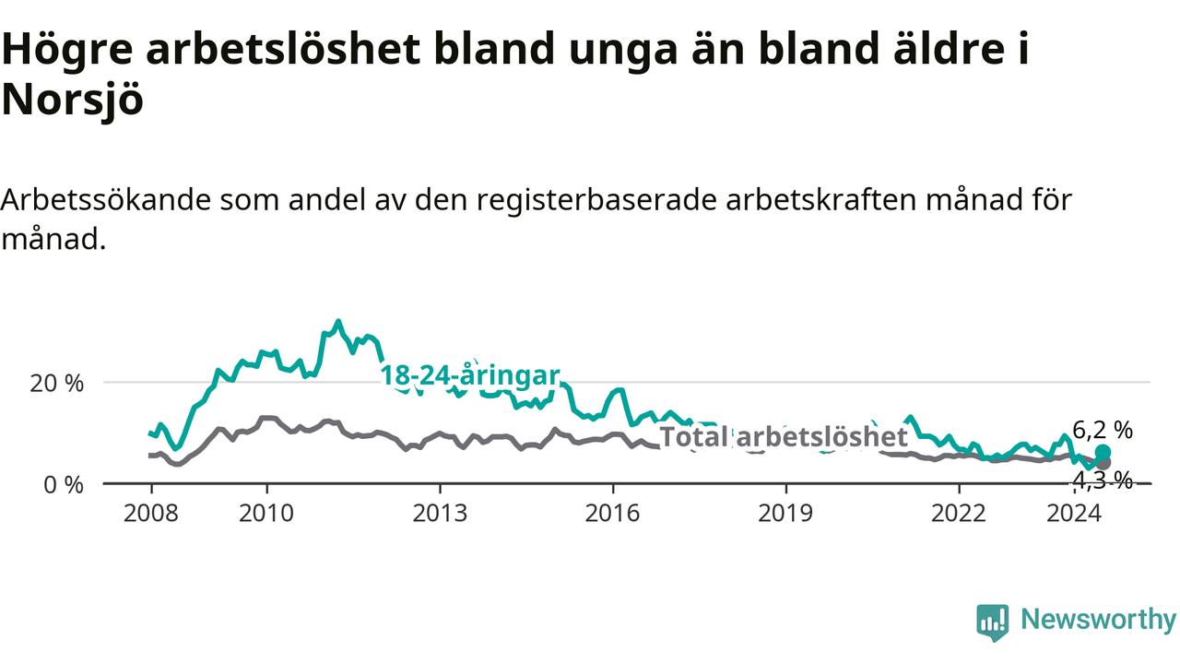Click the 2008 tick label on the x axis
pyautogui.click(x=151, y=514)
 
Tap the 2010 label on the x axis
pyautogui.click(x=266, y=514)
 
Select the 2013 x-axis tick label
pyautogui.click(x=440, y=514)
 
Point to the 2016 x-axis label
pyautogui.click(x=613, y=514)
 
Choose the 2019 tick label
pyautogui.click(x=785, y=514)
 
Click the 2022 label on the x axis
pyautogui.click(x=959, y=514)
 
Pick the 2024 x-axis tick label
pyautogui.click(x=1074, y=514)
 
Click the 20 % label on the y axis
pyautogui.click(x=57, y=384)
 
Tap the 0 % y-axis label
pyautogui.click(x=64, y=485)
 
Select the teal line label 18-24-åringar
pyautogui.click(x=470, y=375)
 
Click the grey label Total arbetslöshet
pyautogui.click(x=784, y=436)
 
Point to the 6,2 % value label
pyautogui.click(x=1103, y=431)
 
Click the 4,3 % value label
pyautogui.click(x=1103, y=480)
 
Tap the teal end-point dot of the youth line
pyautogui.click(x=1103, y=452)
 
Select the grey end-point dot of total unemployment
pyautogui.click(x=1103, y=463)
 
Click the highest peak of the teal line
pyautogui.click(x=338, y=321)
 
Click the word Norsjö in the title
pyautogui.click(x=73, y=100)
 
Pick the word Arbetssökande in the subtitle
pyautogui.click(x=106, y=200)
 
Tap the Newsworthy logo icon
pyautogui.click(x=993, y=622)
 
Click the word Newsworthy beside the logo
pyautogui.click(x=1098, y=620)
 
